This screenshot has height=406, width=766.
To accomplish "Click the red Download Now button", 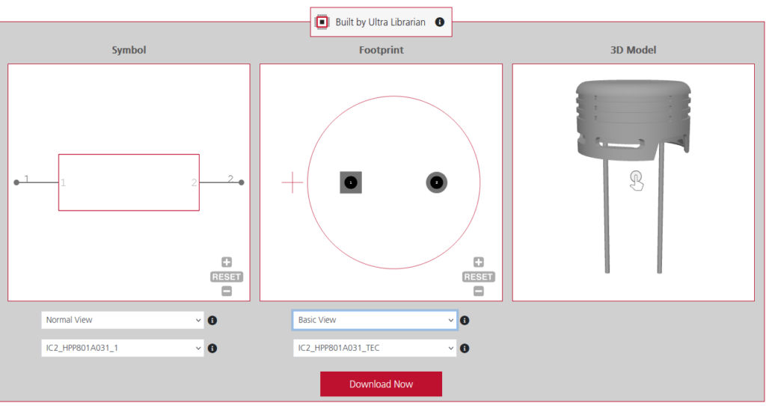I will pyautogui.click(x=381, y=384).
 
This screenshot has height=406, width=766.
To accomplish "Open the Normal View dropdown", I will pyautogui.click(x=122, y=320).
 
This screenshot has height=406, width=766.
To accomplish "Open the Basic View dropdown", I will pyautogui.click(x=374, y=320).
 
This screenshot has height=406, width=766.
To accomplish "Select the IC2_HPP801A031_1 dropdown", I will pyautogui.click(x=122, y=348).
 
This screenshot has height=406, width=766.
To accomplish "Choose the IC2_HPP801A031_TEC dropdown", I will pyautogui.click(x=374, y=348).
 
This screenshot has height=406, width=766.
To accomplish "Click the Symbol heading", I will pyautogui.click(x=129, y=50).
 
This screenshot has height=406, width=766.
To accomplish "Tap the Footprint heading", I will pyautogui.click(x=381, y=50).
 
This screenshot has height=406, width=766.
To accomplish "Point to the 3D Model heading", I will pyautogui.click(x=633, y=50).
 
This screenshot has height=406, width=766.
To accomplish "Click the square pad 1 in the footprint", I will pyautogui.click(x=351, y=182).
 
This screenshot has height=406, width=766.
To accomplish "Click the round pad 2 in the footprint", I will pyautogui.click(x=437, y=182).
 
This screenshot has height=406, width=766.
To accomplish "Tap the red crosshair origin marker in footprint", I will pyautogui.click(x=292, y=182).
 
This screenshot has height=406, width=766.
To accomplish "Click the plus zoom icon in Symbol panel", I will pyautogui.click(x=227, y=262).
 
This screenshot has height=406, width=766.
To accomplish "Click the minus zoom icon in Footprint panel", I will pyautogui.click(x=479, y=291).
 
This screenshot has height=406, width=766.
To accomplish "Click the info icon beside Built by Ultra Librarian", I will pyautogui.click(x=440, y=22).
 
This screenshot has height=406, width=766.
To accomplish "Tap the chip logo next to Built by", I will pyautogui.click(x=322, y=22).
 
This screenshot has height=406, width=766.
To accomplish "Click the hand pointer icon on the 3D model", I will pyautogui.click(x=636, y=179).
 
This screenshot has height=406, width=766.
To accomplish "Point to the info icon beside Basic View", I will pyautogui.click(x=465, y=320).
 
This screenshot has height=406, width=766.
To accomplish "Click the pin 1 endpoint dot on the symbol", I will pyautogui.click(x=16, y=182).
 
